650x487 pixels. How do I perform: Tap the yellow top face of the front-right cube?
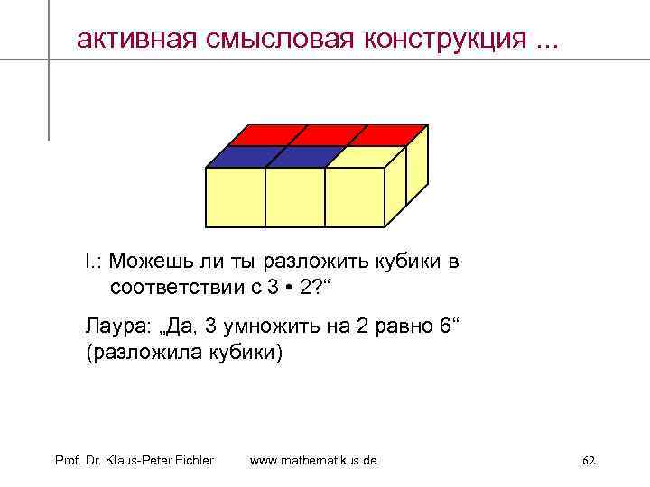point(361,157)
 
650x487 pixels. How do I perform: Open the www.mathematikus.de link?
point(313,461)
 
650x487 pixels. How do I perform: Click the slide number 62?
point(588,461)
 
